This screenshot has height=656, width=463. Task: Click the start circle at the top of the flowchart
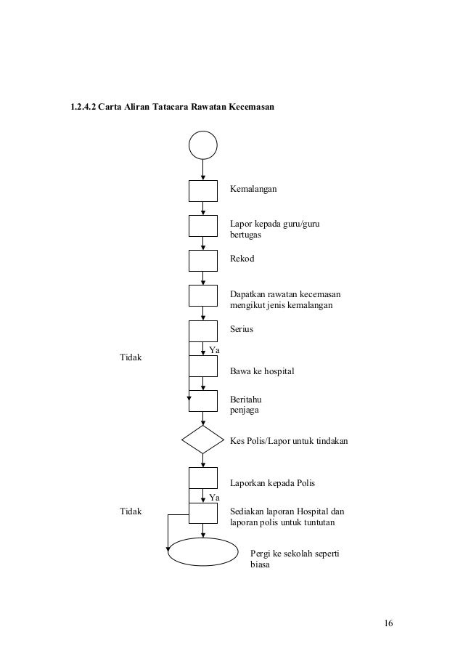pos(202,145)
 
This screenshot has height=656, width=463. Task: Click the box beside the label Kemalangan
pos(202,190)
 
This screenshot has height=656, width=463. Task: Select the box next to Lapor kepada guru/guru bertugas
pos(202,225)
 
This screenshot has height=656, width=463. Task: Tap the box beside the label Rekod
pos(202,260)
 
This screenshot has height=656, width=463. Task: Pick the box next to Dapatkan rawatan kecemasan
pos(202,296)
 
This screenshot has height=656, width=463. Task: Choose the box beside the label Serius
pos(202,331)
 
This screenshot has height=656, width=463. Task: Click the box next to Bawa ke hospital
pos(202,365)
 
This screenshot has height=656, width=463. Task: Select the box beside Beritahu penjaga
pos(202,400)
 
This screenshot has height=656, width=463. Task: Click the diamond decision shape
pos(202,440)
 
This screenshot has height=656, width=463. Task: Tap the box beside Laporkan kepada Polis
pos(202,477)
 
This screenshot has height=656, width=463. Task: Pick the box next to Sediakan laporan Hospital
pos(202,513)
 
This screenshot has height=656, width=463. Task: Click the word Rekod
pos(242,259)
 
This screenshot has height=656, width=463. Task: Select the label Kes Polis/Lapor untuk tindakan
pos(289,440)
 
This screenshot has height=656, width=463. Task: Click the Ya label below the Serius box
pos(214,351)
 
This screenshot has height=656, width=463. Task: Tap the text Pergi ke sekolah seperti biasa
pos(294,559)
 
